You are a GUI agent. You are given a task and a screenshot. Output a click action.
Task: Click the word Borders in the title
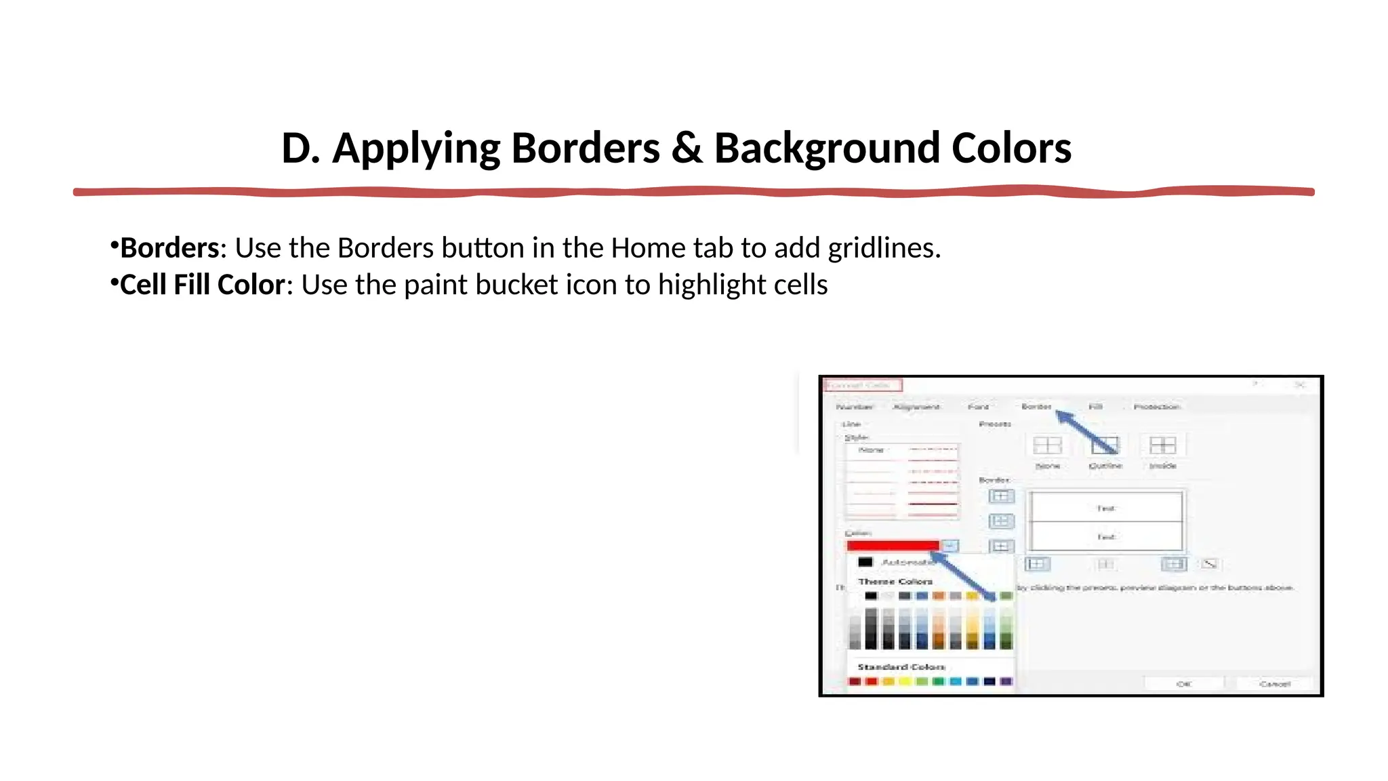coord(585,148)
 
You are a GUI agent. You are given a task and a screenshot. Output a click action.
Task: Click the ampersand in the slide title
coord(687,148)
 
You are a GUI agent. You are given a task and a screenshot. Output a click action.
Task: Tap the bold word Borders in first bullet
coord(169,248)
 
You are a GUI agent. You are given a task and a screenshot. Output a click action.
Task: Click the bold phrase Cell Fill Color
coord(202,285)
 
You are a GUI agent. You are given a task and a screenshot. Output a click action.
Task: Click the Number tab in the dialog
coord(854,407)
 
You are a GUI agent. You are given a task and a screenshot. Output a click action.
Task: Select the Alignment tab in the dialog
coord(916,407)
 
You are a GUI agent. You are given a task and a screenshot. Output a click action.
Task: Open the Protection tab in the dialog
coord(1157,407)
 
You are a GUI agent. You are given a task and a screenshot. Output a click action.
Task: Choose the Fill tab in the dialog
coord(1095,407)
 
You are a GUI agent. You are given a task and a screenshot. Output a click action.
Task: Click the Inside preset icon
coord(1162,445)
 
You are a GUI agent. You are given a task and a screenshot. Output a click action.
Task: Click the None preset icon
coord(1047,445)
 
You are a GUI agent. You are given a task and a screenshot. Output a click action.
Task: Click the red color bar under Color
coord(893,546)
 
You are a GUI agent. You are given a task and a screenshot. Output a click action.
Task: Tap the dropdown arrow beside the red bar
coord(950,546)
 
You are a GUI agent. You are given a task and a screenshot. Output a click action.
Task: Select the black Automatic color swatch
coord(865,562)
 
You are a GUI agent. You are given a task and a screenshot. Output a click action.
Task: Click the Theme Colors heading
coord(895,582)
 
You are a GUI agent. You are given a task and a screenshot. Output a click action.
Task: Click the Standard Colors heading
coord(901,667)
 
